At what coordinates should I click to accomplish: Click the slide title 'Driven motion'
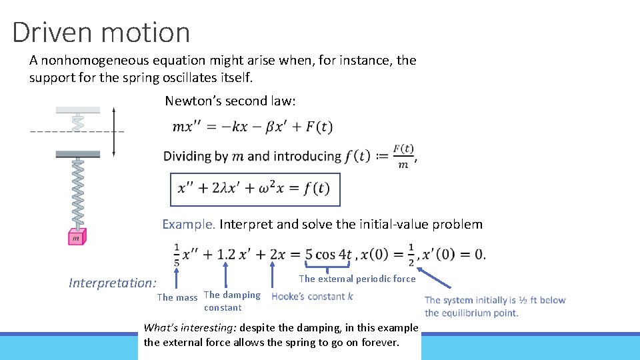(101, 32)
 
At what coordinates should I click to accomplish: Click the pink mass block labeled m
(76, 237)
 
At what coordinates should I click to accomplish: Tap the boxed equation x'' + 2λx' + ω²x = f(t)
(254, 189)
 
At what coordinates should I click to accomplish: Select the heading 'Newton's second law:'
(231, 101)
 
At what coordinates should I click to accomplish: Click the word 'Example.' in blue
(189, 224)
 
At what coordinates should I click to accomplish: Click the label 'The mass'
(177, 297)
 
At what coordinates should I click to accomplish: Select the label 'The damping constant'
(232, 301)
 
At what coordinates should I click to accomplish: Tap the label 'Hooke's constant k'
(313, 296)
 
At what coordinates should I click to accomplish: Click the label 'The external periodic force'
(357, 279)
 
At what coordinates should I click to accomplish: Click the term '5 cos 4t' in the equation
(329, 254)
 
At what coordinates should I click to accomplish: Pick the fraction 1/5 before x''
(177, 254)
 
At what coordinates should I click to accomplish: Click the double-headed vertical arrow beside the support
(114, 131)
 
